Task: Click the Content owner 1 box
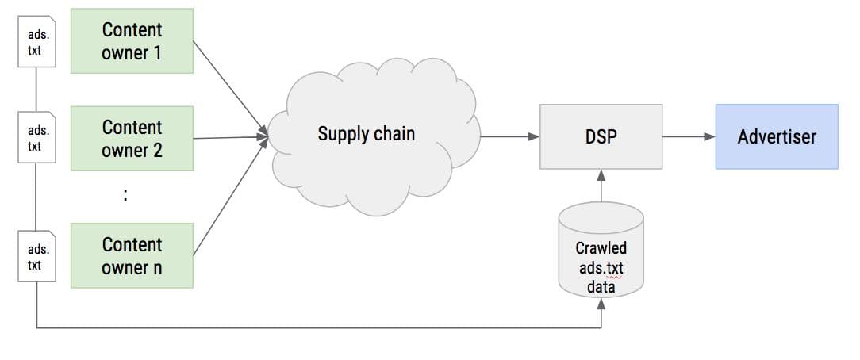click(132, 41)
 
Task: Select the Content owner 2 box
click(132, 138)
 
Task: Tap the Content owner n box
click(132, 255)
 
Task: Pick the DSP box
click(601, 136)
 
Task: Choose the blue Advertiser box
click(776, 136)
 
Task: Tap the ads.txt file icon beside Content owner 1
click(38, 43)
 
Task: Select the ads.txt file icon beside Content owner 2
click(38, 139)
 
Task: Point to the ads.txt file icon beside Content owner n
click(38, 255)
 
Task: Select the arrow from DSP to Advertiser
click(689, 136)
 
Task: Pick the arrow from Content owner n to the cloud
click(230, 194)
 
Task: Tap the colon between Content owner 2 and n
click(125, 196)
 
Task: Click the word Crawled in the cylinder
click(601, 248)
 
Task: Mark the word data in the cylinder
click(601, 286)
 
